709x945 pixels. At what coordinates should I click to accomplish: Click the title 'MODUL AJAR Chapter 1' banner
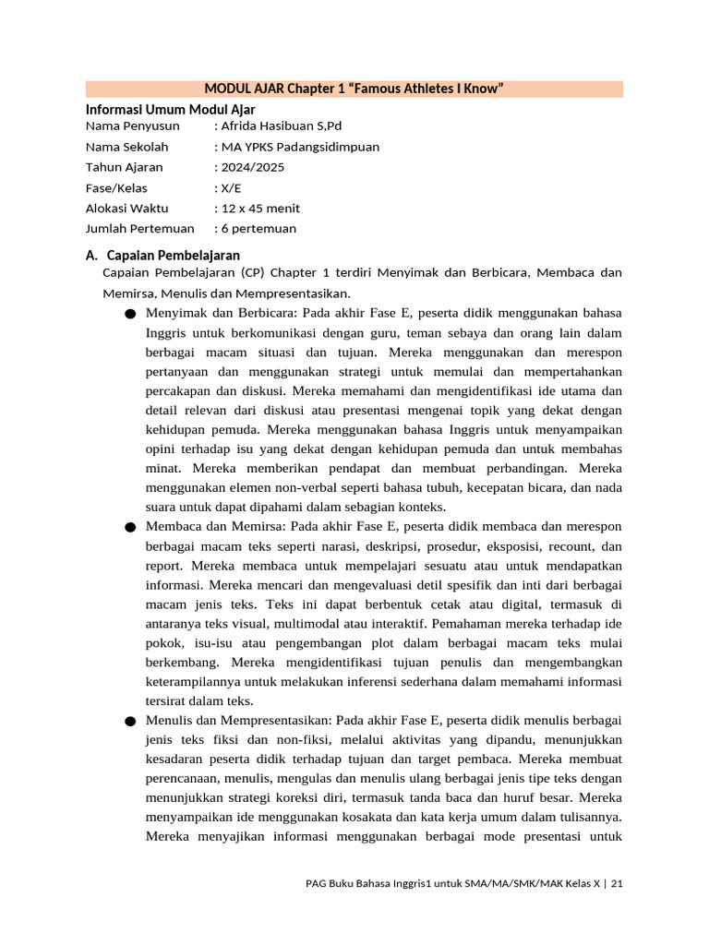tap(354, 89)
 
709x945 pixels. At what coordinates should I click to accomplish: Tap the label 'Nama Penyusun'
tap(132, 126)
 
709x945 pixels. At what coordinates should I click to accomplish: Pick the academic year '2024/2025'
tap(252, 167)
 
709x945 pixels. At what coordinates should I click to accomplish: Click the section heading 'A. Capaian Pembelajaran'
tap(162, 255)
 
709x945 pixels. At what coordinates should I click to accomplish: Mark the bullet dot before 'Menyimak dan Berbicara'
tap(129, 314)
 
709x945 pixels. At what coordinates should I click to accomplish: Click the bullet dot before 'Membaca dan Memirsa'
tap(129, 527)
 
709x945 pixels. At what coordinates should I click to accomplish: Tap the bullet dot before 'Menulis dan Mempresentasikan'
tap(129, 721)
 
